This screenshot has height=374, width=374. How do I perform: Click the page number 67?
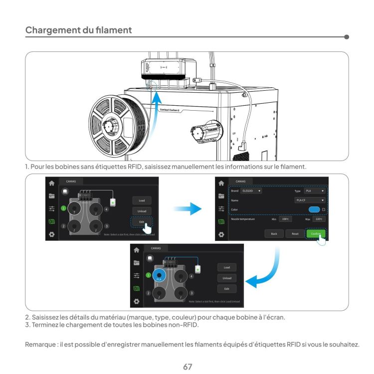187,353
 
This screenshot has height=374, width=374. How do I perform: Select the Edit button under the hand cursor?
142,221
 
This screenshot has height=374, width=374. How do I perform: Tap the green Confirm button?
315,233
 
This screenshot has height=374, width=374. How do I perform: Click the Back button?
274,233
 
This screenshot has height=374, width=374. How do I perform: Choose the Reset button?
294,233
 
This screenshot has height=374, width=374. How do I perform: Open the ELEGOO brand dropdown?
251,190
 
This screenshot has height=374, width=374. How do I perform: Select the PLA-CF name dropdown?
309,199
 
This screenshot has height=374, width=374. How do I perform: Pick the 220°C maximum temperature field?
319,219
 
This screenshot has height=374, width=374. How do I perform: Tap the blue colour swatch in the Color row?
314,209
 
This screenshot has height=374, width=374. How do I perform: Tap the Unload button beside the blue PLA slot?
226,278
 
